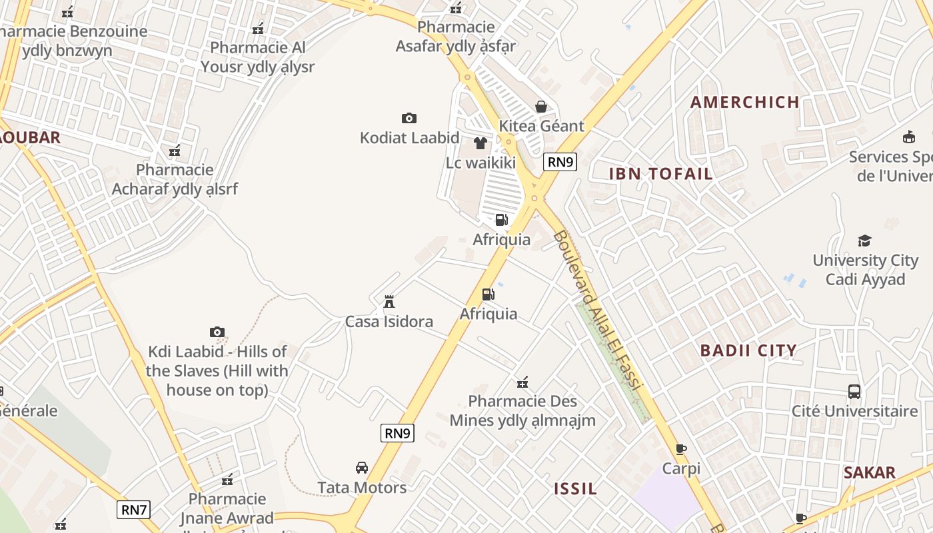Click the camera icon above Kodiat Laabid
click(409, 118)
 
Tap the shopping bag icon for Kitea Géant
click(541, 107)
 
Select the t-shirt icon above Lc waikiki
click(480, 143)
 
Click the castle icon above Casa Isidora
click(389, 301)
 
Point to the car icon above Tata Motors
click(362, 468)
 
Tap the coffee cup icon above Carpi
click(680, 449)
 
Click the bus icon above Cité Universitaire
click(854, 391)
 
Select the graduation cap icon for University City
click(864, 241)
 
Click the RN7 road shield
click(134, 510)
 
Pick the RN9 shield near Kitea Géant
click(560, 161)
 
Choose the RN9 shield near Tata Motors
click(398, 432)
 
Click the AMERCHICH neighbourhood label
click(744, 102)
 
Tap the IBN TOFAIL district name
click(661, 174)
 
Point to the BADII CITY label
click(748, 350)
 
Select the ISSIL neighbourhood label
click(576, 488)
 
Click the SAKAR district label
click(869, 473)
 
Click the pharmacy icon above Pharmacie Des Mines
click(522, 382)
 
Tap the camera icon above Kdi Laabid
click(217, 332)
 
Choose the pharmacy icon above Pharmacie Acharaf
click(175, 151)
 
